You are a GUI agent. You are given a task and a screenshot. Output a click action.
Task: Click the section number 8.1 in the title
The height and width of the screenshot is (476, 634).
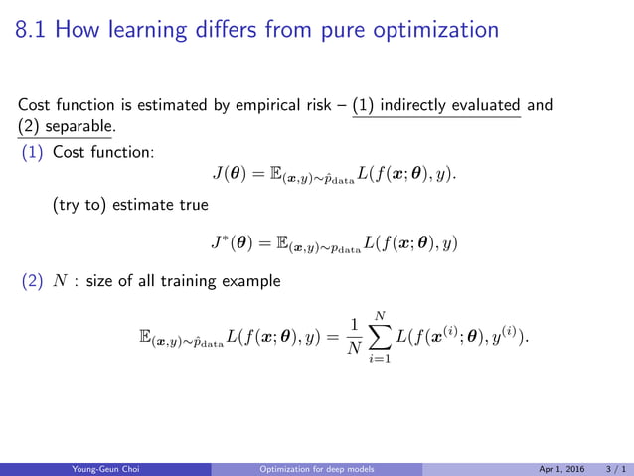coord(34,32)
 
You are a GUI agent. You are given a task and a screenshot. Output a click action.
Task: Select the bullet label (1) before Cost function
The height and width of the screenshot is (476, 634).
coord(31,153)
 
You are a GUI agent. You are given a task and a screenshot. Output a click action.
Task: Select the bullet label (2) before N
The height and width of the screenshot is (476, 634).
coord(31,281)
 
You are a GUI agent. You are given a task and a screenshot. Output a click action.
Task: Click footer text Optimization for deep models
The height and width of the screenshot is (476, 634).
coord(316,469)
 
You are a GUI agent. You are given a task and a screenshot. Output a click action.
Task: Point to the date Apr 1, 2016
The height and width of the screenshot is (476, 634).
coord(559,469)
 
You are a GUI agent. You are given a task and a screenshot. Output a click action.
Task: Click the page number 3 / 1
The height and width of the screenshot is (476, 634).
coord(617,469)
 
